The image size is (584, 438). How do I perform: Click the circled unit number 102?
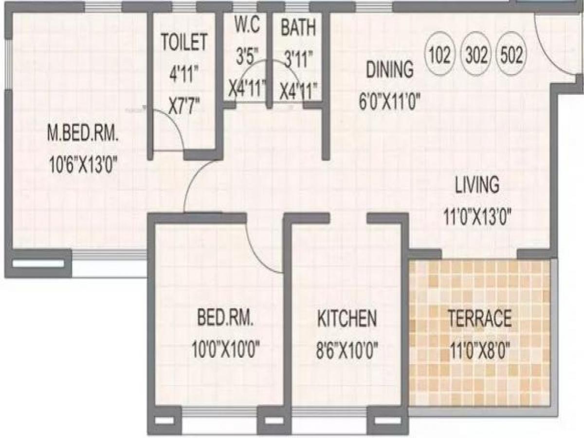[x=440, y=55]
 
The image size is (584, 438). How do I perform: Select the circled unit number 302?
[x=476, y=55]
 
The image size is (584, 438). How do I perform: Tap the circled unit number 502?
[x=511, y=55]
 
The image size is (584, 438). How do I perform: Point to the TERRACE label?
[x=480, y=318]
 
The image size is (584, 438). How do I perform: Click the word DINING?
[x=390, y=70]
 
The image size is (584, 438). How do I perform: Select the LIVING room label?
[x=477, y=184]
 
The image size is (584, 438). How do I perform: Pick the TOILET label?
[x=184, y=42]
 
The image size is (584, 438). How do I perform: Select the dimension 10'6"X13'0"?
[x=83, y=164]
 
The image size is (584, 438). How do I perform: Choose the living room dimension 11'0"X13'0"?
[x=477, y=217]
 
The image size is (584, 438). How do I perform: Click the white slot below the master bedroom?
[x=38, y=264]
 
